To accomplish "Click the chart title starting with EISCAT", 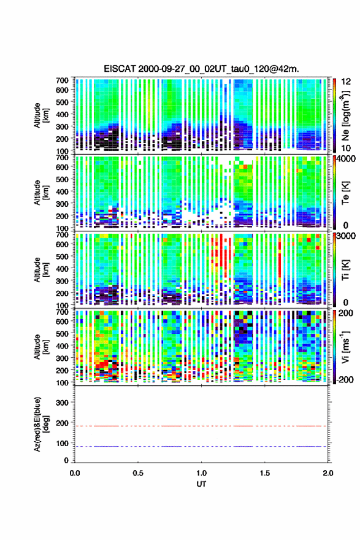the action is [x=201, y=69].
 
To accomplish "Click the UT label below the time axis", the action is [x=201, y=484].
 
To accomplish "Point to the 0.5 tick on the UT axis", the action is [x=138, y=473].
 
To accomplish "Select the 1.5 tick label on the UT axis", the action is [x=265, y=473].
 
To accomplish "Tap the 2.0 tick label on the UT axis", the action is [x=328, y=473].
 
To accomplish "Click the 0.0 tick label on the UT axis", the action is [x=75, y=473].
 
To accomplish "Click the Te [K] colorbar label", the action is [x=345, y=193].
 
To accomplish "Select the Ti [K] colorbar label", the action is [x=345, y=269].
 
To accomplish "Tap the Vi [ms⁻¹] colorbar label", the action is [x=345, y=347].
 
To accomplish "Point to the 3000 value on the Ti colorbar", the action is [x=346, y=236].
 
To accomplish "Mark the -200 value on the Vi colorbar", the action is [x=345, y=379].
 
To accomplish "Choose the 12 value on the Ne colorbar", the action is [x=346, y=82].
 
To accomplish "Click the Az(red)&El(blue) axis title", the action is [x=40, y=424].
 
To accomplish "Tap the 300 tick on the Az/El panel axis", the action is [x=62, y=403].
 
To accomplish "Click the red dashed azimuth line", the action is [x=201, y=426].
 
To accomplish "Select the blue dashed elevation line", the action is [x=201, y=446].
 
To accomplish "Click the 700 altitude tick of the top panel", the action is [x=62, y=80].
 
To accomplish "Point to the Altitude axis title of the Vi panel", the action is [x=40, y=347].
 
